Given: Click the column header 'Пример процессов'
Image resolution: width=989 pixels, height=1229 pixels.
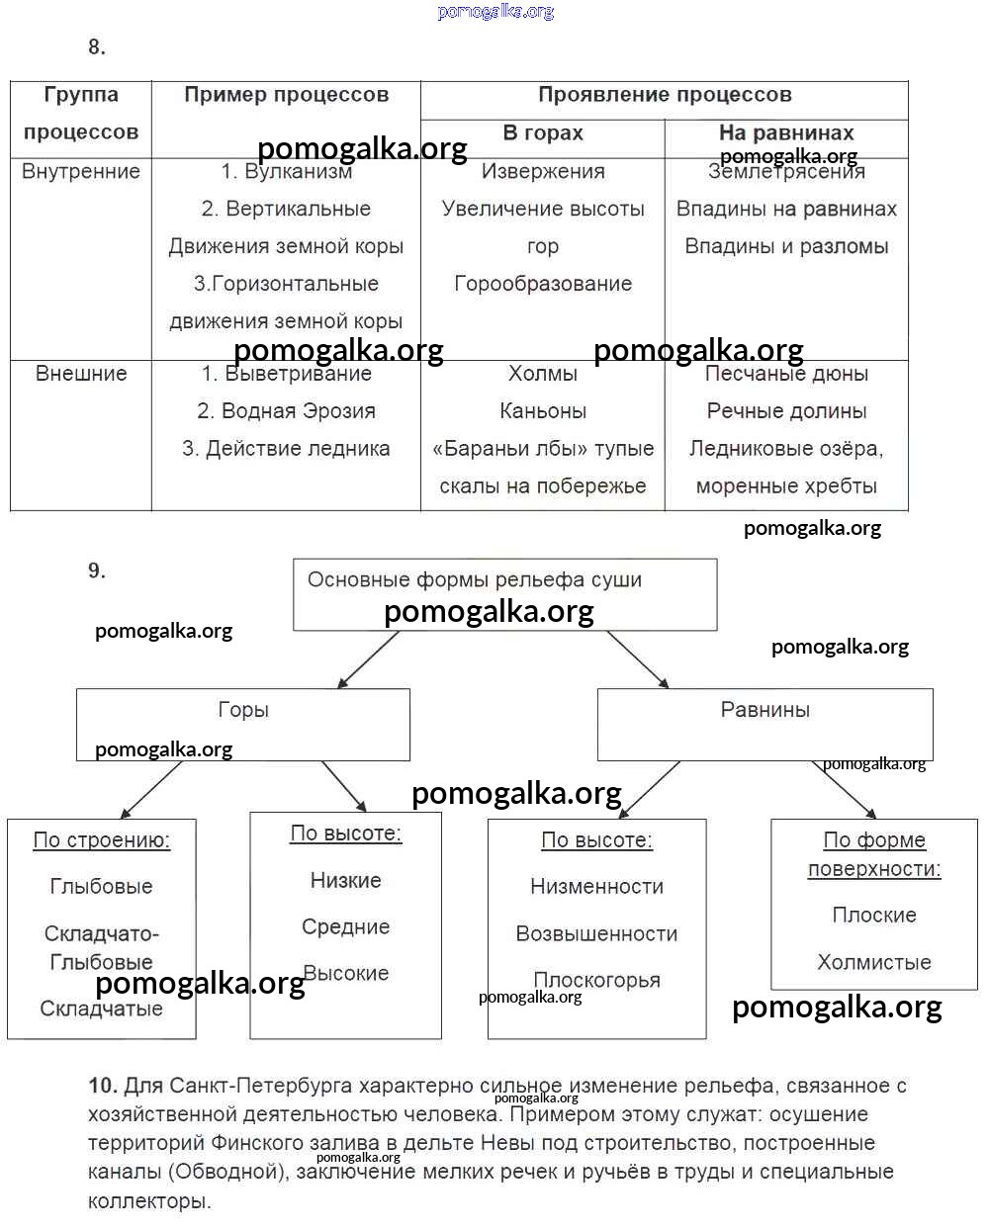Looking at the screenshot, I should pos(286,95).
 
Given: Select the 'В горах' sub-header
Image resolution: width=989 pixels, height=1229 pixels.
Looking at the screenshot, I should pos(543,132).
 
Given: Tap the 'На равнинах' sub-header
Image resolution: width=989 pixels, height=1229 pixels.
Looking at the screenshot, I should pos(786,132).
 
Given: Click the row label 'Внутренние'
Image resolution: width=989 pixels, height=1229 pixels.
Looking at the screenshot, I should pos(81,171).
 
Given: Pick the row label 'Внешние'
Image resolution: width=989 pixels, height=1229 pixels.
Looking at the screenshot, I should pos(81,374).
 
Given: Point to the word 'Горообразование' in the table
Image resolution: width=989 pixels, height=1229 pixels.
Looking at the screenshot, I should pos(543,284).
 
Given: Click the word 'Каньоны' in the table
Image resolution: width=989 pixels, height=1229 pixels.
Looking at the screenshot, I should pos(543,411).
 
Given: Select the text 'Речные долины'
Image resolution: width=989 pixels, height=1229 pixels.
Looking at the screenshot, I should pos(786,411).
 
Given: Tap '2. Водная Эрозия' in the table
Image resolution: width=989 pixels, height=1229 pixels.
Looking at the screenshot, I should pos(286,411).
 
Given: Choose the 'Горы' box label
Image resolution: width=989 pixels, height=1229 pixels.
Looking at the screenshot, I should pos(243,710).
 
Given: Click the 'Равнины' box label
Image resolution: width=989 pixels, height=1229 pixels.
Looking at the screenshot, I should pos(764,710).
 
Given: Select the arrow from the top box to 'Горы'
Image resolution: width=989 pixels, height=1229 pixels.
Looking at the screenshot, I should pos(368,659).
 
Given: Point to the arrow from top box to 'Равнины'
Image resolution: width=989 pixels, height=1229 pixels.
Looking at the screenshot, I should pos(638,659).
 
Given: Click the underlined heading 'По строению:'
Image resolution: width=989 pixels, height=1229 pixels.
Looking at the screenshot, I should pos(102,840).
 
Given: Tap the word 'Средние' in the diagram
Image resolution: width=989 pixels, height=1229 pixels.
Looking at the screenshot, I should pos(345,927).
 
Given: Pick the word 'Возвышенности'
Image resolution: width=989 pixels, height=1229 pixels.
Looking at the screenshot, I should pos(596,934).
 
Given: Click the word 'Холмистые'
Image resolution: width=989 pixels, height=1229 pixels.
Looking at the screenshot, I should pos(874,963).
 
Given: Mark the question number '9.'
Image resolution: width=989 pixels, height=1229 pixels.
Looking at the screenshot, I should pos(97,571).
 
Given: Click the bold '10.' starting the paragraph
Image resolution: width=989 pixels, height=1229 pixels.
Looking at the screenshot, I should pos(103,1086).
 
